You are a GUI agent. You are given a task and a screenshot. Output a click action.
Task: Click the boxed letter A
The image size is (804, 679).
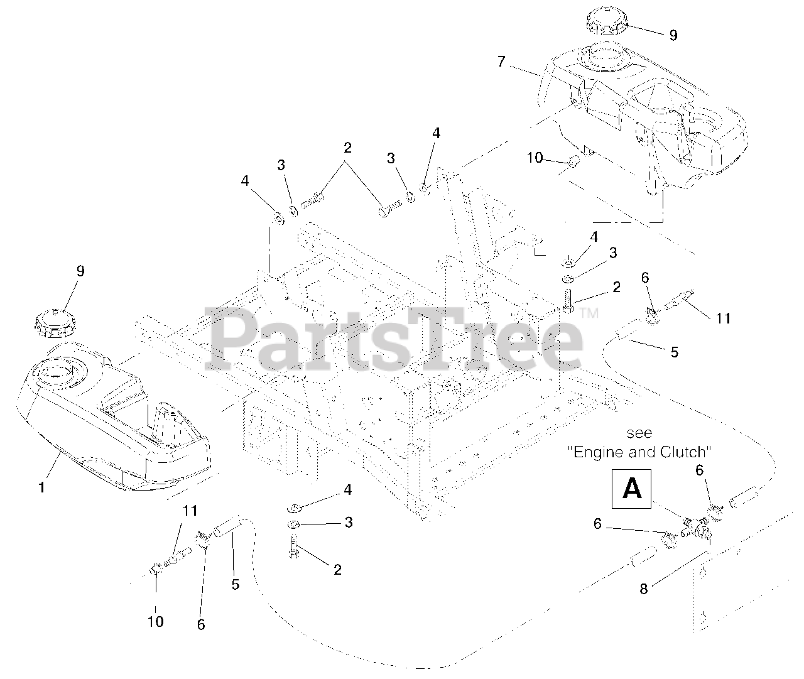(631, 489)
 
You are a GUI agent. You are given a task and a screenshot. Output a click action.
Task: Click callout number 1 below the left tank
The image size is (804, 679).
(42, 487)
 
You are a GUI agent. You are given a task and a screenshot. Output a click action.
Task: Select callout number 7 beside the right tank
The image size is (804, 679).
(501, 61)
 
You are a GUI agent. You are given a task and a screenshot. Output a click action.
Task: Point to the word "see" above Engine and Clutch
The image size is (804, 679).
(639, 433)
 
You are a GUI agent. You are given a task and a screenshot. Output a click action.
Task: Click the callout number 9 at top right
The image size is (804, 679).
(673, 35)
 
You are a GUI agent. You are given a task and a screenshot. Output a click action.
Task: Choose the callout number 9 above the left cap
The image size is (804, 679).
(80, 271)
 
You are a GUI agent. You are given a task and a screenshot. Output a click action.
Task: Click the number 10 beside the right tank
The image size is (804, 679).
(535, 158)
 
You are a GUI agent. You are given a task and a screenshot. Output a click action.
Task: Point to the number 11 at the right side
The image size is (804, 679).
(723, 318)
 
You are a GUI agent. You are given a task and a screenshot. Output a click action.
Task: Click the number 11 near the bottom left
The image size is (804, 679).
(190, 510)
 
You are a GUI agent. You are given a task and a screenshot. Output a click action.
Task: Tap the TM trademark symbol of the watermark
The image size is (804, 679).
(589, 313)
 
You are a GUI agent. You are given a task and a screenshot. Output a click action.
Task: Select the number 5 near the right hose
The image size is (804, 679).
(674, 352)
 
